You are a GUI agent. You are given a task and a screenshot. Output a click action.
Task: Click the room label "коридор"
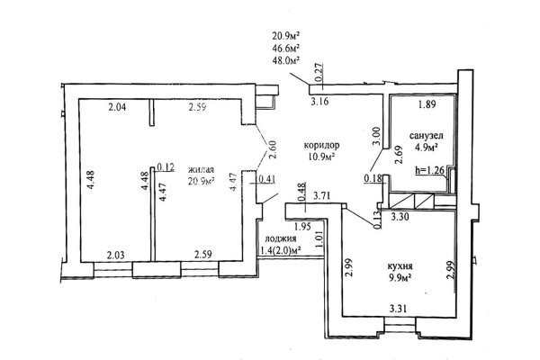pyautogui.click(x=320, y=145)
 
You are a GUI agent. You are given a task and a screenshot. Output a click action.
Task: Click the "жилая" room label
pyautogui.click(x=202, y=168)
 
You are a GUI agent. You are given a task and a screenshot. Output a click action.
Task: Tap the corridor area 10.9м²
pyautogui.click(x=320, y=157)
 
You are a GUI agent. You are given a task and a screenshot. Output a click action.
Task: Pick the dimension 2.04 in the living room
pyautogui.click(x=117, y=109)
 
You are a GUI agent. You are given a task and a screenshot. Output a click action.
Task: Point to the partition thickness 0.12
pyautogui.click(x=165, y=166)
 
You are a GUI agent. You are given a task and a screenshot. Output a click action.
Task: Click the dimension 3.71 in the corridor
pyautogui.click(x=328, y=193)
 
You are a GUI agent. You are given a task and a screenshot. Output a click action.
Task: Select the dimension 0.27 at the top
pyautogui.click(x=317, y=68)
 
